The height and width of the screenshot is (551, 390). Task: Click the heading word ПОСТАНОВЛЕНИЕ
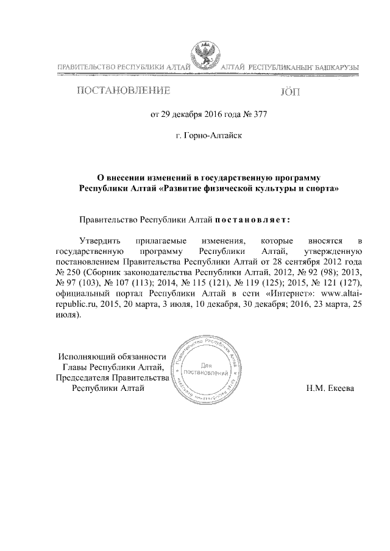click(122, 92)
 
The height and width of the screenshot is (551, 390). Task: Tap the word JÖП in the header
click(289, 93)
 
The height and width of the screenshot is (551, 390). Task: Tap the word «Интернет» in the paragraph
click(289, 295)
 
